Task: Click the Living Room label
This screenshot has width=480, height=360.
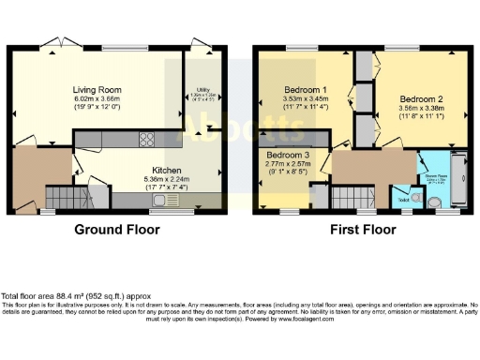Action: (x=98, y=90)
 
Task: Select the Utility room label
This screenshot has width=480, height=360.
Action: (x=198, y=85)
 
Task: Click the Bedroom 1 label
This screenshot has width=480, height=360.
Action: (x=304, y=90)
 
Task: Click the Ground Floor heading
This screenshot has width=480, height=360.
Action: (x=118, y=229)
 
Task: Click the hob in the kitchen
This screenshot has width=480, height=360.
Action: (x=147, y=140)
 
